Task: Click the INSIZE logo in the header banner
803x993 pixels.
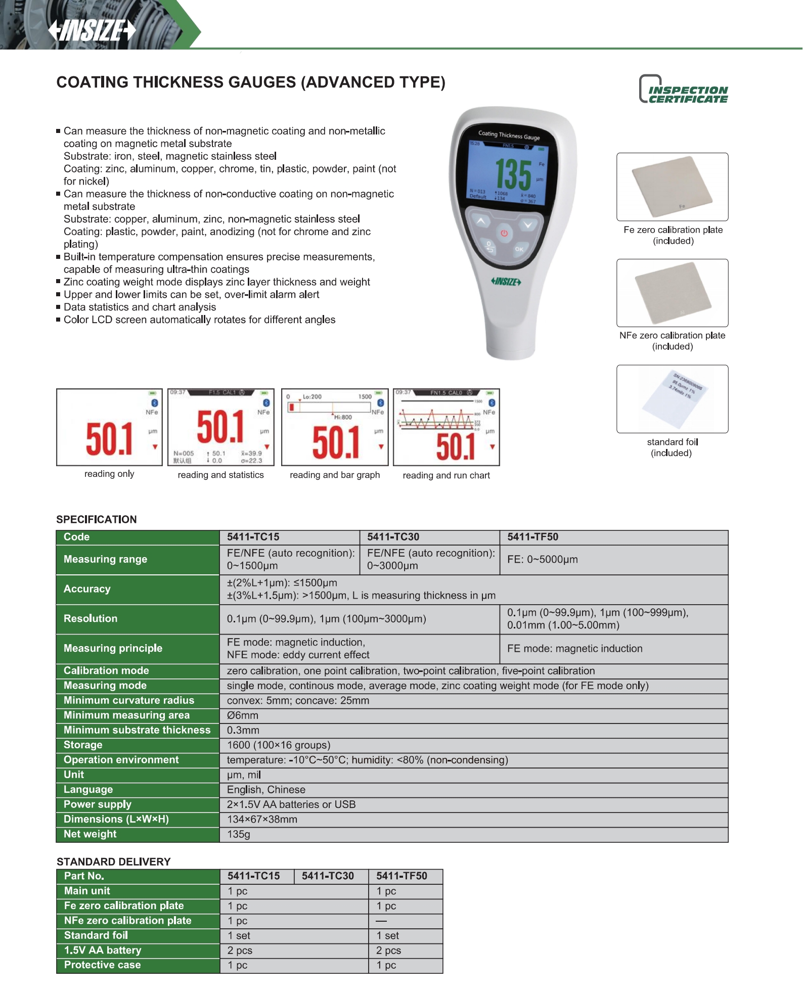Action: pyautogui.click(x=92, y=30)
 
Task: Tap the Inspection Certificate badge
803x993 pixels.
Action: pyautogui.click(x=683, y=90)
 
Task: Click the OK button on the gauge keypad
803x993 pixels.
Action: pyautogui.click(x=519, y=249)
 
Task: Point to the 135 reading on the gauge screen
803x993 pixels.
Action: pyautogui.click(x=513, y=175)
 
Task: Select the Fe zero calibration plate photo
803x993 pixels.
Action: pyautogui.click(x=672, y=187)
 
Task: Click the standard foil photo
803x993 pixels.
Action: pyautogui.click(x=672, y=399)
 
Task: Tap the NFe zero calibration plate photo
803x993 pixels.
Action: pyautogui.click(x=672, y=293)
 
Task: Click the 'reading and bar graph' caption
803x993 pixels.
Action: pyautogui.click(x=335, y=475)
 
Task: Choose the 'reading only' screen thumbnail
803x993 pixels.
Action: pyautogui.click(x=109, y=427)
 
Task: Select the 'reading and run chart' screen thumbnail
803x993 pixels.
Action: pyautogui.click(x=446, y=427)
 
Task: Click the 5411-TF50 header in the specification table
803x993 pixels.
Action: pyautogui.click(x=532, y=537)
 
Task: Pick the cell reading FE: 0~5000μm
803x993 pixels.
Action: pyautogui.click(x=542, y=560)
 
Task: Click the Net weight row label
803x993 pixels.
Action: pyautogui.click(x=90, y=834)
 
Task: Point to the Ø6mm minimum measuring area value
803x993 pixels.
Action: pyautogui.click(x=243, y=715)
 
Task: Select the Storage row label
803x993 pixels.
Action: pyautogui.click(x=83, y=745)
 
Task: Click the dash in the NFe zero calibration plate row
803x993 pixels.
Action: pyautogui.click(x=381, y=921)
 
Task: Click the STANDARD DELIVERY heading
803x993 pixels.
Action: pyautogui.click(x=113, y=862)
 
